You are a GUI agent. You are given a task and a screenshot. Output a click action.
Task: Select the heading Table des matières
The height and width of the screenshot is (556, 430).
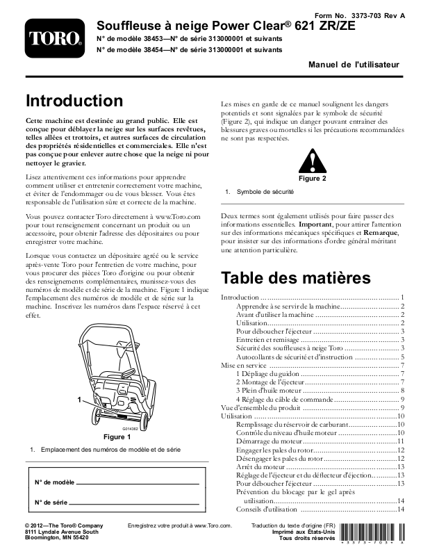(295, 278)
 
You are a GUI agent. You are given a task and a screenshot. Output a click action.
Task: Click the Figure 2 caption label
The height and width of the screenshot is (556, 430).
(312, 179)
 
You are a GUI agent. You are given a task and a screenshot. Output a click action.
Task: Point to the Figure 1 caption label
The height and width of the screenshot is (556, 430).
(117, 437)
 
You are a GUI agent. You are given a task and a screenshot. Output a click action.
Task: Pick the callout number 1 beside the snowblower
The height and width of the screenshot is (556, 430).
(81, 400)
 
